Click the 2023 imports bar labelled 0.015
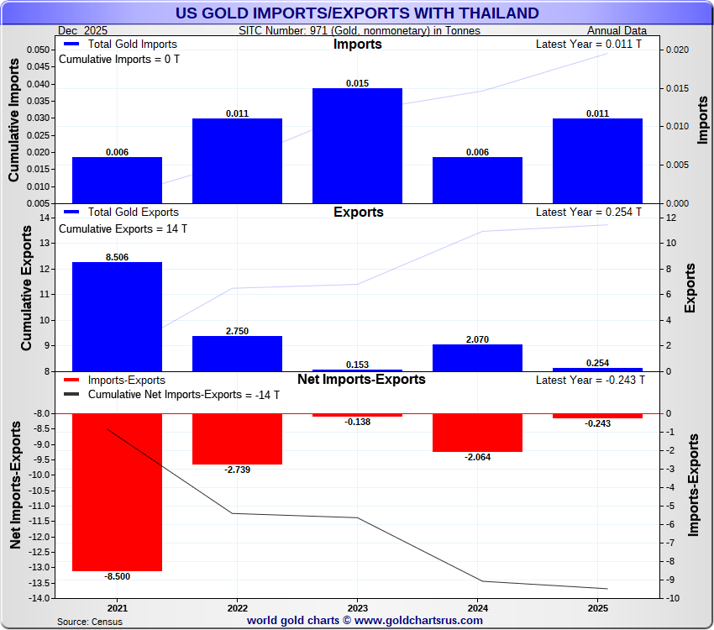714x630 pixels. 357,145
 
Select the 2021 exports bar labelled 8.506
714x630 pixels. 117,317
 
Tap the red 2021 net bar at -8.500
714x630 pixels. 117,492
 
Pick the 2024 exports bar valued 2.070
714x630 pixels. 477,358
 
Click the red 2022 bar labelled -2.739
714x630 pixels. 237,438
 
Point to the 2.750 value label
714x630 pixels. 238,331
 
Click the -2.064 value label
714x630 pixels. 477,457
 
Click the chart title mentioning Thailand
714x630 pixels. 357,13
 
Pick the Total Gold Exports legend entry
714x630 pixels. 121,213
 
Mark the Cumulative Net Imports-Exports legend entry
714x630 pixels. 172,394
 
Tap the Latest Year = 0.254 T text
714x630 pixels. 589,213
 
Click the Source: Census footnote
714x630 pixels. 89,622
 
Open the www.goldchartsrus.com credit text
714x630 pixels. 365,621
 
